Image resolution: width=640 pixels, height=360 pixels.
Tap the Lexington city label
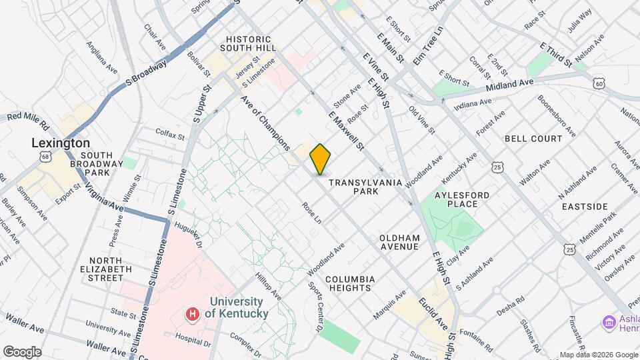(61, 143)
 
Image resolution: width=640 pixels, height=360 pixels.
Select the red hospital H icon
(193, 313)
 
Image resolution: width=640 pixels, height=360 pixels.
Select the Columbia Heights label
(351, 283)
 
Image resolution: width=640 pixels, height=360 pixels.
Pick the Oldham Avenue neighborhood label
(399, 242)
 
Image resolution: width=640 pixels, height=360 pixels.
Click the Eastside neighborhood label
(585, 207)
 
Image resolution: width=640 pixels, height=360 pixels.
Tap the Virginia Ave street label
(104, 197)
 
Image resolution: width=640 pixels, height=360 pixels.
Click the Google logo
(22, 351)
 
